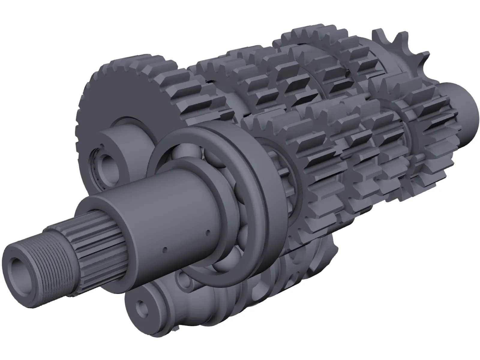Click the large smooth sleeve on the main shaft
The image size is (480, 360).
pyautogui.click(x=156, y=210)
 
